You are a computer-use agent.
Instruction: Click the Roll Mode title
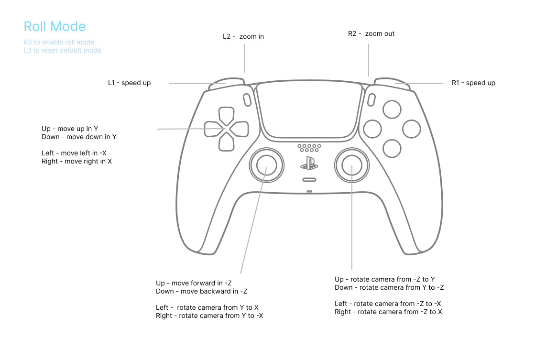[55, 27]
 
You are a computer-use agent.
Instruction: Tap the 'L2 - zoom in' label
[243, 36]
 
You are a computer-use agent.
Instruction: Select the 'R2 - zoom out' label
[371, 33]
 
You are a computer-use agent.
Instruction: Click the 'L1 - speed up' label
[129, 83]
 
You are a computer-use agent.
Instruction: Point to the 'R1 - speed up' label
[473, 83]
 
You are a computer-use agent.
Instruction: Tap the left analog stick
[266, 165]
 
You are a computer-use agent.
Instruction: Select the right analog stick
[351, 165]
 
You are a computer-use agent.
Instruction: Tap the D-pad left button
[213, 129]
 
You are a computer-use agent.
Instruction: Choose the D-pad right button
[240, 129]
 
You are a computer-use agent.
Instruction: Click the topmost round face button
[392, 109]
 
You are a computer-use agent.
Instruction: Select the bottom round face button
[392, 148]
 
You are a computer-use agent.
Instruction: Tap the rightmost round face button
[411, 129]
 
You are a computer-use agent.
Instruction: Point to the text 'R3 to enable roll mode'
[59, 42]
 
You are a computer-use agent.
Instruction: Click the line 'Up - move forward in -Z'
[194, 283]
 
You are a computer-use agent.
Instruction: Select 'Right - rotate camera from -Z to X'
[388, 312]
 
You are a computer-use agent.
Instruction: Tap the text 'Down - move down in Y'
[79, 137]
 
